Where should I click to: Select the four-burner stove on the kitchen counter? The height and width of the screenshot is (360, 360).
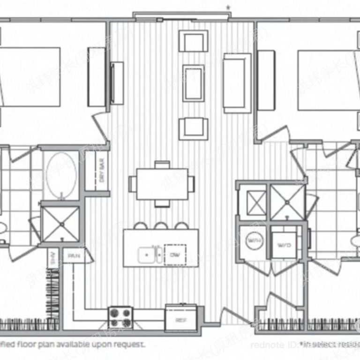tap(120, 317)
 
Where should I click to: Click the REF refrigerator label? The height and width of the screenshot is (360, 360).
tap(181, 321)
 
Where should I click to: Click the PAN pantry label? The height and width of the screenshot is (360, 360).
tap(74, 256)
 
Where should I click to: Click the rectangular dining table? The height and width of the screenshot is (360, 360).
tap(162, 183)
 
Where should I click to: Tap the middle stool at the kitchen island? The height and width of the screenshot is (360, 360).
tap(161, 226)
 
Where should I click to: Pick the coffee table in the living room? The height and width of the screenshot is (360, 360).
tap(193, 83)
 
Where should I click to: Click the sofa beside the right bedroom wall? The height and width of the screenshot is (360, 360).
tap(237, 83)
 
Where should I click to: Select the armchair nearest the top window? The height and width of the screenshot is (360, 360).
tap(193, 41)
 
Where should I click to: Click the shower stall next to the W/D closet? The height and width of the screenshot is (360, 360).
tap(287, 202)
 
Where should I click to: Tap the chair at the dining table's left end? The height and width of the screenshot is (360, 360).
tap(133, 184)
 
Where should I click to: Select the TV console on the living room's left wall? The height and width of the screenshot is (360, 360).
tap(117, 83)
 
